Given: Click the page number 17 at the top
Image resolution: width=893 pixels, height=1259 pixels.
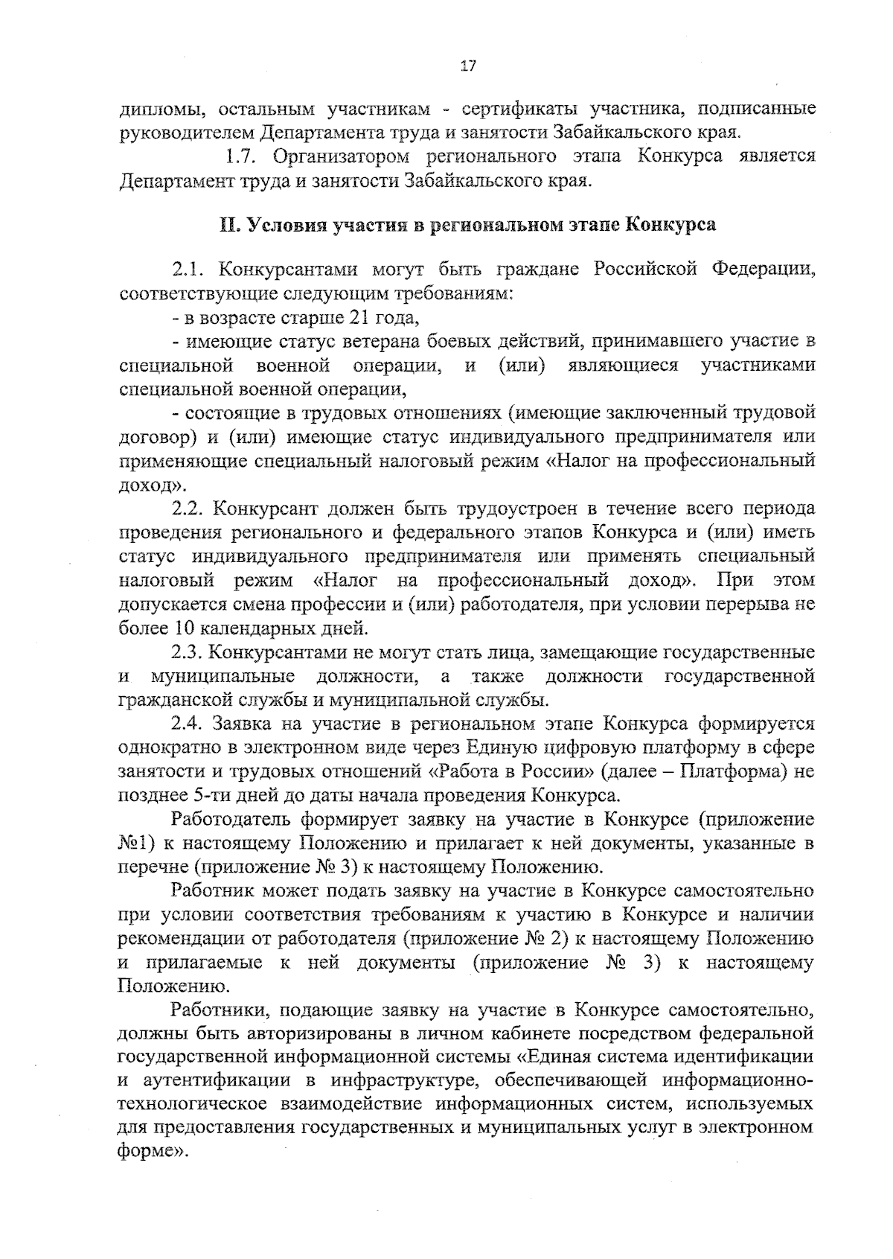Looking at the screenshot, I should click(x=468, y=66).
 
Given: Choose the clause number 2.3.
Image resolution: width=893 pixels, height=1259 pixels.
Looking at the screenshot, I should click(x=187, y=652).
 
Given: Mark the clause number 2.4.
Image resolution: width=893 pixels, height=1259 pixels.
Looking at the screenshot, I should click(x=187, y=724).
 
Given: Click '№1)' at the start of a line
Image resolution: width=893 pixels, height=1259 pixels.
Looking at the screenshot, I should click(x=137, y=843).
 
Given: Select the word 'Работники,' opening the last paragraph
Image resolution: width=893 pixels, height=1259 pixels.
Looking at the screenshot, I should click(x=214, y=1010).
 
